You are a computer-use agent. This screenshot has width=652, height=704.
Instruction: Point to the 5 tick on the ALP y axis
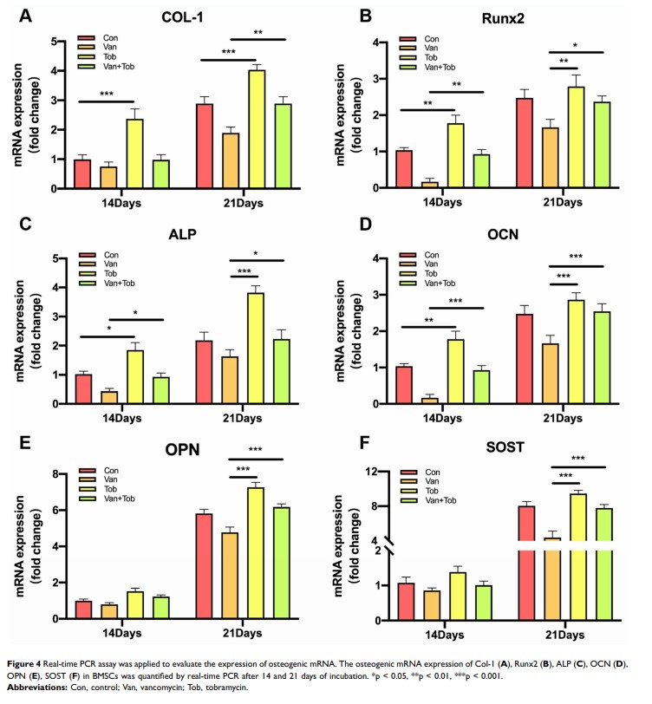pyautogui.click(x=55, y=258)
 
